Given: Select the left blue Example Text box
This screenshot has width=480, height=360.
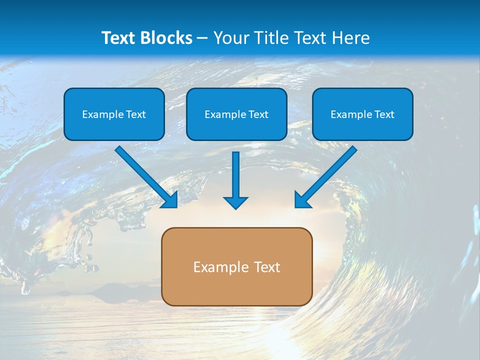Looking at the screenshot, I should coord(114,114).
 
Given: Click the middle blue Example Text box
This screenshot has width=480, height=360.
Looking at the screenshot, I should coord(236,114).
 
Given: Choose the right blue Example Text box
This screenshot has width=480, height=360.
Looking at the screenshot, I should coord(362,114).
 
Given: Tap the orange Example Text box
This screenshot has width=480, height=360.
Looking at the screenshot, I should coord(236,266).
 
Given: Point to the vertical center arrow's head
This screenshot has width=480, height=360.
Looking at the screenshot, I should coord(235,202).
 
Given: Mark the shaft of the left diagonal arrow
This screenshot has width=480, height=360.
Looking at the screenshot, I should coord(142,172).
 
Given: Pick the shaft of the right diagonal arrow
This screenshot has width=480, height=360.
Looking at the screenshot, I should coord(330,172).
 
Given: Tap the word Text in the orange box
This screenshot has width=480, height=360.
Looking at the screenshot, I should coord(266,267).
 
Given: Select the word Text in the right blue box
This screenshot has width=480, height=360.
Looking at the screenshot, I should coord(384,114).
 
